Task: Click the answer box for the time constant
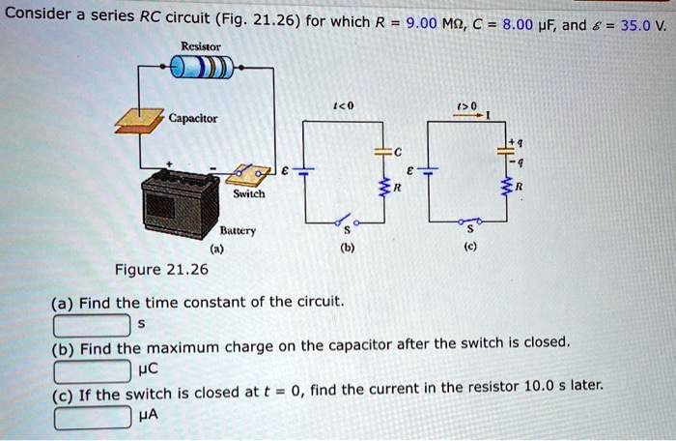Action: point(92,323)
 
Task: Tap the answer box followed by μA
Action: point(92,418)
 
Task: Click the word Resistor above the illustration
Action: point(200,44)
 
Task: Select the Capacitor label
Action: point(193,119)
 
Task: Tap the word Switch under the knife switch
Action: point(248,193)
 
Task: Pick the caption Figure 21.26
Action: point(161,269)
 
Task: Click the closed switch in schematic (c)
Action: point(471,221)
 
